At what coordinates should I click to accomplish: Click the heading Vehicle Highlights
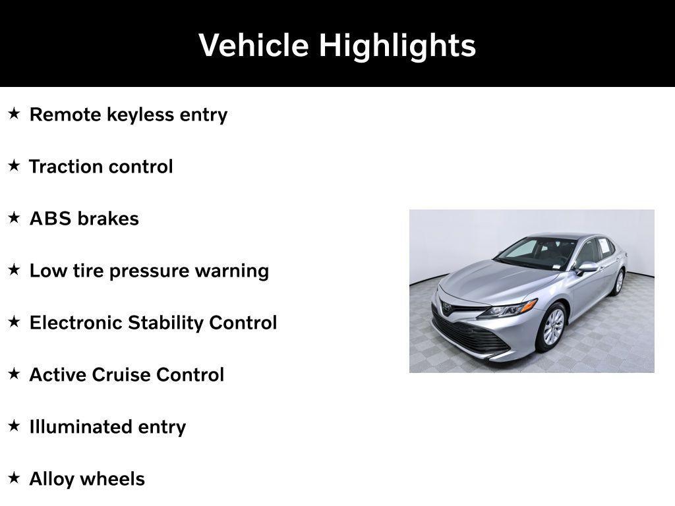point(337,45)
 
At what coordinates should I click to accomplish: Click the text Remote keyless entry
point(129,115)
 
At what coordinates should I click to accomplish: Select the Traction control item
point(101,167)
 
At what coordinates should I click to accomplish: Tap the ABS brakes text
point(84,219)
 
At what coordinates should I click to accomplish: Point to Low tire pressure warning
point(149,271)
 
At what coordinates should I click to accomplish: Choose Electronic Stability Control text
point(153,323)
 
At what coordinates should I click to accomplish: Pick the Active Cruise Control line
point(127,375)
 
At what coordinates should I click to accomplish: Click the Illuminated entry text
point(107,427)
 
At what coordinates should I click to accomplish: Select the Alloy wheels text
point(87,479)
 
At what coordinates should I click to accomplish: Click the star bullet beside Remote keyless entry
point(14,114)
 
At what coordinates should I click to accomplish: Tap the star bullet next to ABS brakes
point(14,218)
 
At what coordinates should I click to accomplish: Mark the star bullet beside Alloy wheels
point(14,478)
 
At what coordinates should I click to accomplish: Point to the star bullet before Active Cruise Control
point(14,374)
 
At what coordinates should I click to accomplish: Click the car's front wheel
point(552,327)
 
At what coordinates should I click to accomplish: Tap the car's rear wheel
point(618,281)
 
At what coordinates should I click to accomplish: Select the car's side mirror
point(586,267)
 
